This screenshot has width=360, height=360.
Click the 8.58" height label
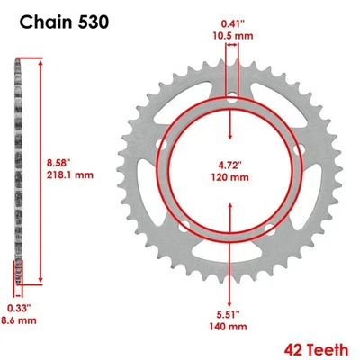point(61,160)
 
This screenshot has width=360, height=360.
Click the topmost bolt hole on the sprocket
point(232,96)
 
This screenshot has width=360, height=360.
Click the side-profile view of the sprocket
point(17,171)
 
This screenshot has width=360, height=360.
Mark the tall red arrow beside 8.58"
point(38,171)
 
